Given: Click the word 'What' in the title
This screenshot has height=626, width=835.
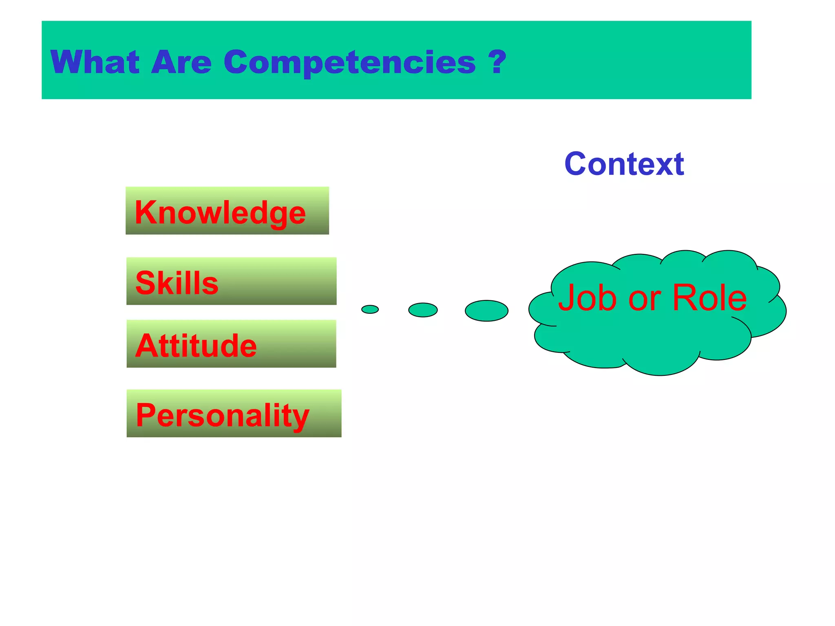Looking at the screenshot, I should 95,62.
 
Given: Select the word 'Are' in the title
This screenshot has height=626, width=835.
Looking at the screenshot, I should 181,62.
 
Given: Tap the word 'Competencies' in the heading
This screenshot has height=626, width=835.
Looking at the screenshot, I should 349,62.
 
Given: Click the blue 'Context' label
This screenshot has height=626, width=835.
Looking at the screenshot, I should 624,164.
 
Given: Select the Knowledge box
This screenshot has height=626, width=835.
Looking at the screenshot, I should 227,211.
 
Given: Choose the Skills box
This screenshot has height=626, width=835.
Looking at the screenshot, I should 231,281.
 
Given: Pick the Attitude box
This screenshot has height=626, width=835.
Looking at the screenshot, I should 231,344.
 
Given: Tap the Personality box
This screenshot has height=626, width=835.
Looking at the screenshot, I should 234,413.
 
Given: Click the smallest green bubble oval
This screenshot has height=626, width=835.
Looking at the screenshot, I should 370,309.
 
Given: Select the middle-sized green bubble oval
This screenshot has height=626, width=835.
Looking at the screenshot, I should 423,310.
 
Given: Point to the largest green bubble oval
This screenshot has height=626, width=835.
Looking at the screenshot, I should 486,311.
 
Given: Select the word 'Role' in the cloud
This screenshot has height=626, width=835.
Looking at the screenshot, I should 709,298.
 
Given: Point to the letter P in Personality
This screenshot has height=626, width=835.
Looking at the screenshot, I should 146,414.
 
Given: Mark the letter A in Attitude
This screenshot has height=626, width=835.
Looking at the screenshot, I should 146,346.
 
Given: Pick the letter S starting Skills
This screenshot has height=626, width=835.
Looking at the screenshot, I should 145,283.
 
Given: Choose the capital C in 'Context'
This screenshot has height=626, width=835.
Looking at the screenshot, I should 576,164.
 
